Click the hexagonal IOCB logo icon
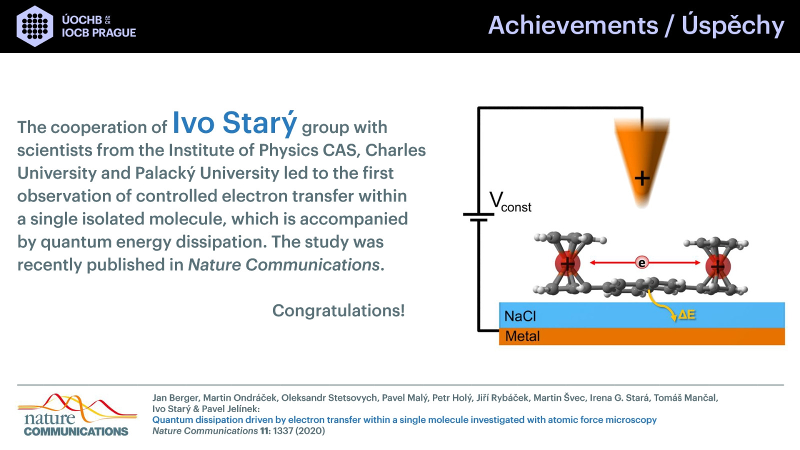[x=35, y=26]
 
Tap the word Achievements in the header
[x=573, y=25]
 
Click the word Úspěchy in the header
[x=733, y=25]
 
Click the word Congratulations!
[x=338, y=310]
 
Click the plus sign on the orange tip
[x=642, y=178]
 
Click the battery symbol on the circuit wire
[x=478, y=217]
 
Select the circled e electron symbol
[x=642, y=263]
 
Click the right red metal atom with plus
[x=718, y=266]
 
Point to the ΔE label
[x=686, y=314]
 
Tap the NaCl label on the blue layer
[x=520, y=316]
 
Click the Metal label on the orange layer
[x=522, y=336]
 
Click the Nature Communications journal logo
[x=77, y=415]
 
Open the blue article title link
[x=404, y=419]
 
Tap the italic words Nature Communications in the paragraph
[x=283, y=264]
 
